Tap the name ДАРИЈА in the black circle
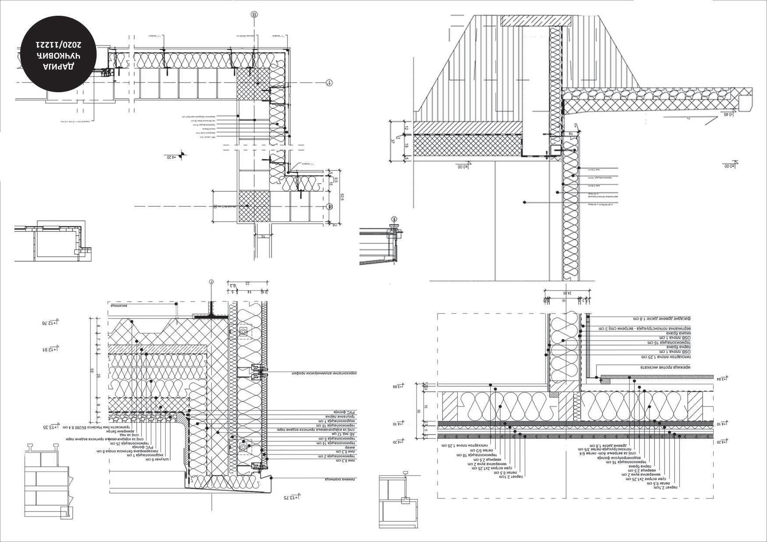point(59,66)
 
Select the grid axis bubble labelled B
point(254,14)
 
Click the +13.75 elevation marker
point(290,497)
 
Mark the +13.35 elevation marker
point(51,427)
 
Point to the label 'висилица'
point(119,306)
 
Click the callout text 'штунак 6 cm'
point(159,459)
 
